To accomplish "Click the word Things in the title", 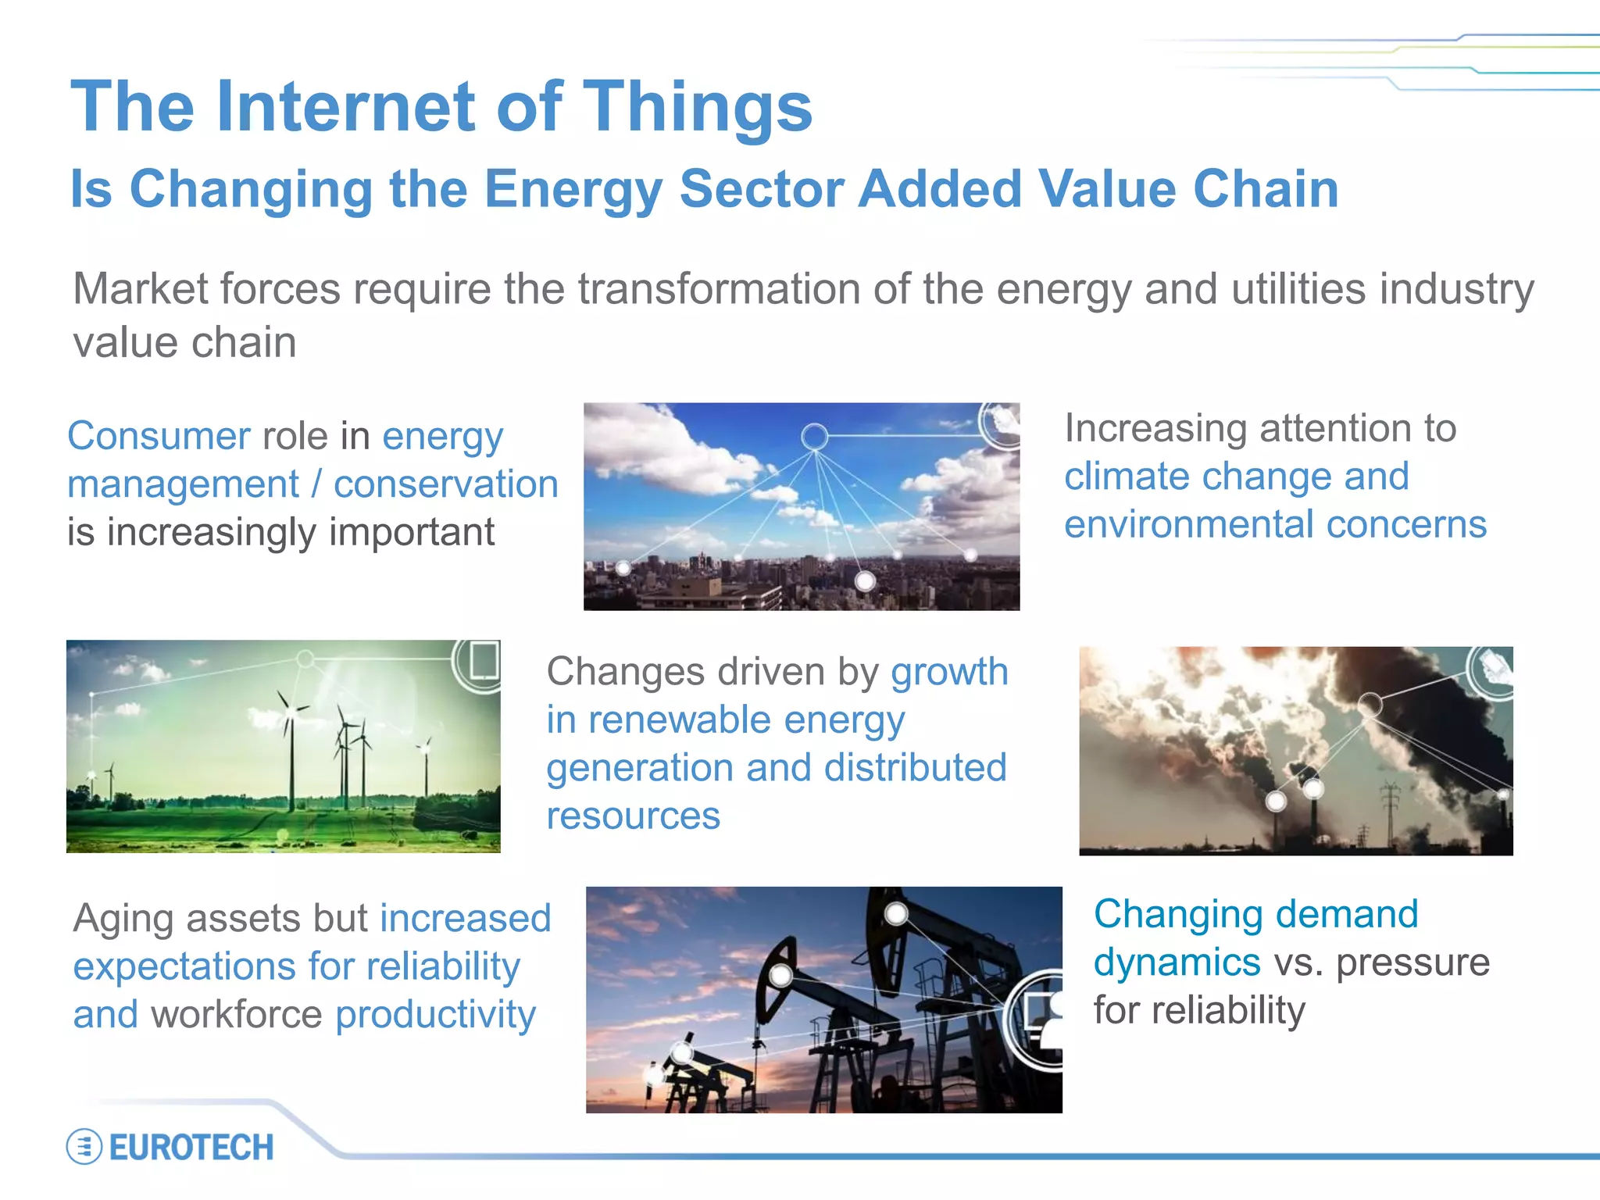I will [698, 107].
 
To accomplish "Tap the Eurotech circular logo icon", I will [84, 1147].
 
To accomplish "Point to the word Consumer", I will [159, 436].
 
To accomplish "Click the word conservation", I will [446, 484].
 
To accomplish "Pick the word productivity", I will [435, 1015].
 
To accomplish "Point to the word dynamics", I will [1177, 962].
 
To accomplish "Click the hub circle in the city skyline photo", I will [814, 436].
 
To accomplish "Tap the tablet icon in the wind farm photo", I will [482, 662].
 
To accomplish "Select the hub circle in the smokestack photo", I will [1369, 705].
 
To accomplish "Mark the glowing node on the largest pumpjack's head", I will [780, 975].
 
